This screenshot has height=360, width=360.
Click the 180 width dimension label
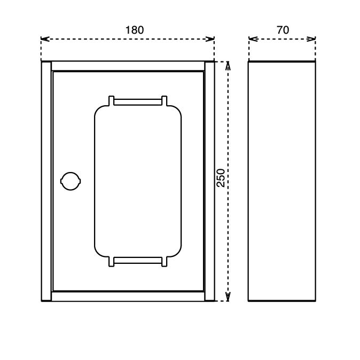pyautogui.click(x=135, y=30)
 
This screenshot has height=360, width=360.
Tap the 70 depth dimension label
pyautogui.click(x=283, y=30)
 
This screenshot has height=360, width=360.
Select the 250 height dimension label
pyautogui.click(x=221, y=178)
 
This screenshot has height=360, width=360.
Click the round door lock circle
pyautogui.click(x=71, y=181)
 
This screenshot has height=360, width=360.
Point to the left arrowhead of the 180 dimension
pyautogui.click(x=45, y=39)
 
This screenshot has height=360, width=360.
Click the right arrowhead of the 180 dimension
pyautogui.click(x=210, y=39)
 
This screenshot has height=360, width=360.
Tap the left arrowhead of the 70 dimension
pyautogui.click(x=253, y=39)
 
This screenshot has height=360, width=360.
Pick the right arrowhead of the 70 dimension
pyautogui.click(x=311, y=39)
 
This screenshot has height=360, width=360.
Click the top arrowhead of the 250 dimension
pyautogui.click(x=228, y=66)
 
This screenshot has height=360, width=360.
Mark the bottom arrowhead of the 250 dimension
pyautogui.click(x=228, y=296)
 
